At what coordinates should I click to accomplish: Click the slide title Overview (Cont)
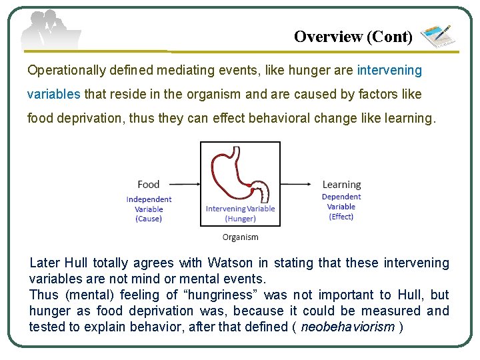(x=353, y=37)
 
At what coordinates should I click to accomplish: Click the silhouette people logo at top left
(x=50, y=30)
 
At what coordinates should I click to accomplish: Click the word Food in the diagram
(x=149, y=185)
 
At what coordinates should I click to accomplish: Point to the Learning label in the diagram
(x=341, y=185)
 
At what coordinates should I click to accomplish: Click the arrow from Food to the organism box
(x=181, y=185)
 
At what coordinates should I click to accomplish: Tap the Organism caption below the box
(x=240, y=237)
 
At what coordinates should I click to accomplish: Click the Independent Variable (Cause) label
(x=149, y=209)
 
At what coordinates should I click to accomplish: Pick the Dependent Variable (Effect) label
(x=341, y=207)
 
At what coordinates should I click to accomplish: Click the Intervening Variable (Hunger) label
(x=240, y=213)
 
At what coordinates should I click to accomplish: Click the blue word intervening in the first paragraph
(x=389, y=70)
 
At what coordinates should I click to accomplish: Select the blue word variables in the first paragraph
(x=54, y=94)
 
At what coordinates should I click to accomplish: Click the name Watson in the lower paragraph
(x=231, y=263)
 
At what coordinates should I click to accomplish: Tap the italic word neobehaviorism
(x=347, y=327)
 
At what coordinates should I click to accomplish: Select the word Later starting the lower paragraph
(x=45, y=263)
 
